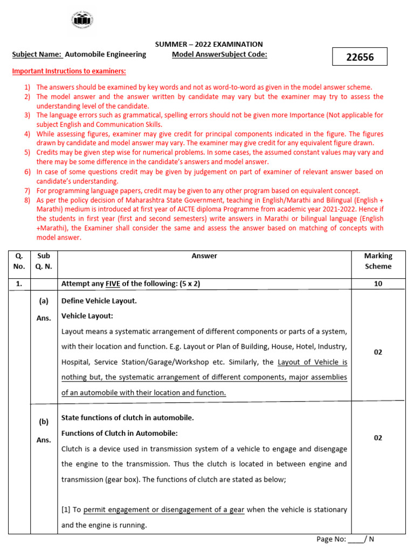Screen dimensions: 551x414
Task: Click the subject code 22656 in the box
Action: (x=360, y=56)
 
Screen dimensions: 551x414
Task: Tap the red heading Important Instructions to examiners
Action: (x=69, y=71)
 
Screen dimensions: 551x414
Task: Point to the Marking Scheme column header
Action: (x=378, y=261)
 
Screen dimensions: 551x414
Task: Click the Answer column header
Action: (x=204, y=256)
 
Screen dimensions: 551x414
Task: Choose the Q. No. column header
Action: (x=19, y=261)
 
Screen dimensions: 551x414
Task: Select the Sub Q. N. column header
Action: (x=44, y=261)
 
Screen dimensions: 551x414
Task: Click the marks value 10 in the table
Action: (x=378, y=284)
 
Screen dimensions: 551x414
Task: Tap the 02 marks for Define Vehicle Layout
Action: (x=378, y=352)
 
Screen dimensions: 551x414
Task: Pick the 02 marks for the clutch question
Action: (x=378, y=437)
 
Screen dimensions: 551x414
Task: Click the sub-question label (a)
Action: (x=44, y=301)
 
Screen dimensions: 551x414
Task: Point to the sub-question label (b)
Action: (x=44, y=422)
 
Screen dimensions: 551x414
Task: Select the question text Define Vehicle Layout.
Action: (x=99, y=301)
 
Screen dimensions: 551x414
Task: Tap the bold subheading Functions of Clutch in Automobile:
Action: (x=119, y=433)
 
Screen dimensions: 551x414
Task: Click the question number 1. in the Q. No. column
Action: (x=19, y=284)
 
